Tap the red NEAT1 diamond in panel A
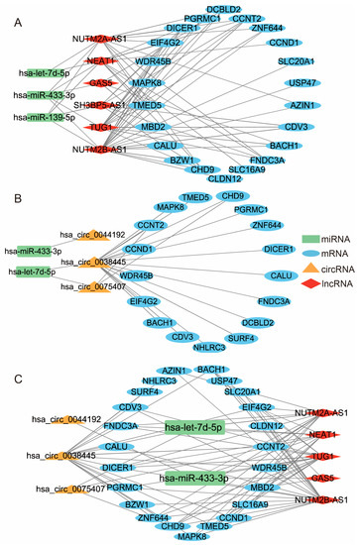coord(99,60)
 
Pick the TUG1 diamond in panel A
coord(102,127)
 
